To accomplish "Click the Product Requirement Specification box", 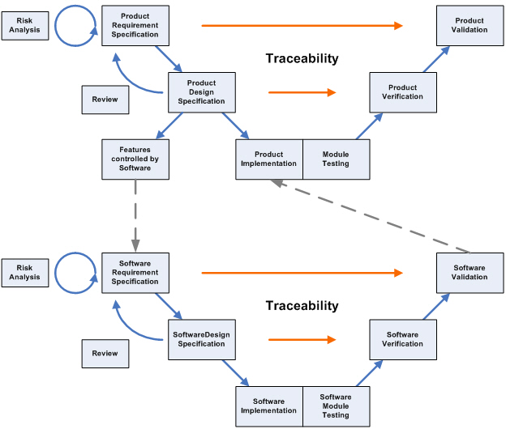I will [135, 26].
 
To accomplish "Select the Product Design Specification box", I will [201, 92].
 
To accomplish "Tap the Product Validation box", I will [470, 26].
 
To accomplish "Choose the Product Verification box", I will [403, 92].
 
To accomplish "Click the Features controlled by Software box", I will [135, 159].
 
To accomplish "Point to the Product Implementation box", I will [268, 159].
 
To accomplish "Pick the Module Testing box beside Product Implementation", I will [336, 159].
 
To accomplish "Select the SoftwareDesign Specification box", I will [201, 338].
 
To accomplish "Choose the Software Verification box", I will [403, 338].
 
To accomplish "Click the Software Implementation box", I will [268, 405].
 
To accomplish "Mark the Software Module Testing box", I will [336, 405].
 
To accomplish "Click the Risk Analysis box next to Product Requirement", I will [24, 26].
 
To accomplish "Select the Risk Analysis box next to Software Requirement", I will [24, 272].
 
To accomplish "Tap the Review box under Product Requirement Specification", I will [105, 100].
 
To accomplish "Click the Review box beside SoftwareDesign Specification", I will [105, 353].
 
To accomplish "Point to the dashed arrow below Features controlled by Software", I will [135, 214].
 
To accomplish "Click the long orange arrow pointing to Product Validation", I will [302, 26].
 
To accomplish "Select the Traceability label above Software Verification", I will [302, 306].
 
